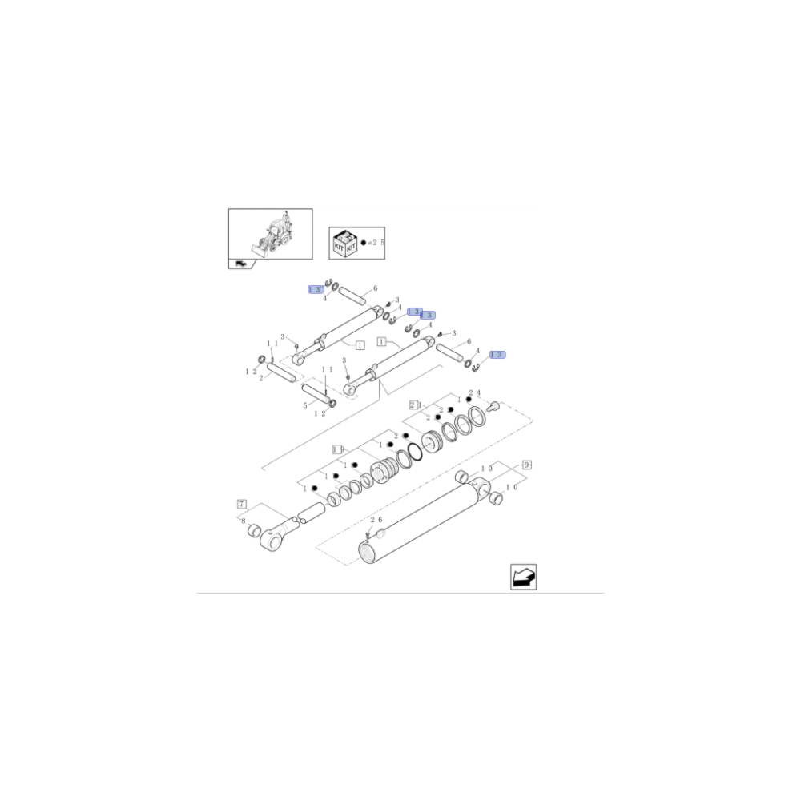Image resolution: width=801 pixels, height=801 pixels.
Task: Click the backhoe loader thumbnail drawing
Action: pyautogui.click(x=270, y=233)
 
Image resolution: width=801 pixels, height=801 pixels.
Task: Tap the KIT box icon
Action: pyautogui.click(x=344, y=243)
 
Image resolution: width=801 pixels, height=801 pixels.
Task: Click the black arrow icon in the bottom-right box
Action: pyautogui.click(x=523, y=577)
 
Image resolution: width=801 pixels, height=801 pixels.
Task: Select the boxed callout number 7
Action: pyautogui.click(x=241, y=504)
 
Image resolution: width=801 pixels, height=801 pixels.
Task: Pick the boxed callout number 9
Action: pyautogui.click(x=526, y=465)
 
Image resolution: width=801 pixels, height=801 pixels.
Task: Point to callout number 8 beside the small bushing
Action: pyautogui.click(x=243, y=521)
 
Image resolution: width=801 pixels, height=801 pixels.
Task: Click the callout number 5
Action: pyautogui.click(x=305, y=405)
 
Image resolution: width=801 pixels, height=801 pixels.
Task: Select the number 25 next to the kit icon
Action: pyautogui.click(x=378, y=242)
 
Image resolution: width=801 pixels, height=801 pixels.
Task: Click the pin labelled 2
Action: pyautogui.click(x=280, y=372)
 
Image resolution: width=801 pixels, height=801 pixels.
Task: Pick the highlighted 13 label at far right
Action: pyautogui.click(x=497, y=354)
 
